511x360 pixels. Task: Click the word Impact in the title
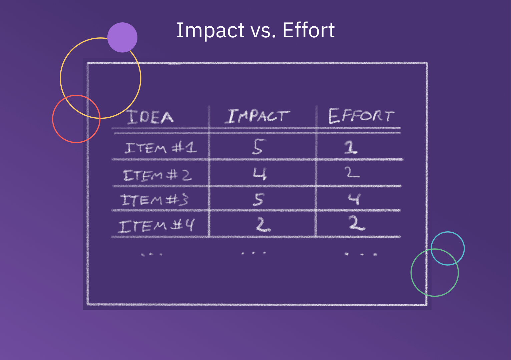[210, 31]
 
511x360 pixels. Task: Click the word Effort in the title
[308, 30]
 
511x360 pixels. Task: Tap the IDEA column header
[150, 117]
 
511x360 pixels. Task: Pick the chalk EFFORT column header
[361, 116]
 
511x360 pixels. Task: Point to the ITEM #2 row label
[157, 175]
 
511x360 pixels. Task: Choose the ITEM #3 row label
[154, 200]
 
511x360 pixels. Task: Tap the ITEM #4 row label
[156, 226]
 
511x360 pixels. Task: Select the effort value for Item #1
[351, 147]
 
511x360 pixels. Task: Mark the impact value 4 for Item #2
[260, 174]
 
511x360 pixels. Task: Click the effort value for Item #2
[352, 173]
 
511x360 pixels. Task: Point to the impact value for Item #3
[258, 199]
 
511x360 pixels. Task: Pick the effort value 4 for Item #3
[354, 199]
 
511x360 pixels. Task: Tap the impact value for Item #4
[263, 225]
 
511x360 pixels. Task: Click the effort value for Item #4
[357, 223]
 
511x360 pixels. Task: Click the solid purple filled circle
[122, 37]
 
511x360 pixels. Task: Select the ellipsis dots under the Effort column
[361, 254]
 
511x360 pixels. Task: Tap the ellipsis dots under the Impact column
[253, 253]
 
